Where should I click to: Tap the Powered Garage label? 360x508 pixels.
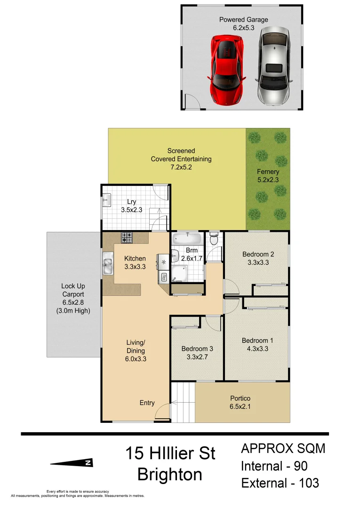point(244,20)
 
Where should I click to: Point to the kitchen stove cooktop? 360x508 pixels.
point(127,238)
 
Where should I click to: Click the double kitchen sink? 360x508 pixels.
point(108,263)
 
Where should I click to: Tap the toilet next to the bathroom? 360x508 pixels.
point(214,239)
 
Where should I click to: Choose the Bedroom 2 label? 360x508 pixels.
point(258,254)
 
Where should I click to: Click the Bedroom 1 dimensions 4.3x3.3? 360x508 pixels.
point(258,349)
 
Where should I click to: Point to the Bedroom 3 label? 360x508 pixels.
point(197,349)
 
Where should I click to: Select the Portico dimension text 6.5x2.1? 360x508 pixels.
point(240,406)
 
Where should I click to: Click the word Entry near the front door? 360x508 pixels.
point(147,403)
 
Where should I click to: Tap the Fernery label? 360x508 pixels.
point(268,172)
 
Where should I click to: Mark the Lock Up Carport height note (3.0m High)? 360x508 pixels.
point(73,311)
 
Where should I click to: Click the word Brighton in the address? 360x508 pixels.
point(170,474)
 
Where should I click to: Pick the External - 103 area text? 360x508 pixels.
point(280,483)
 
